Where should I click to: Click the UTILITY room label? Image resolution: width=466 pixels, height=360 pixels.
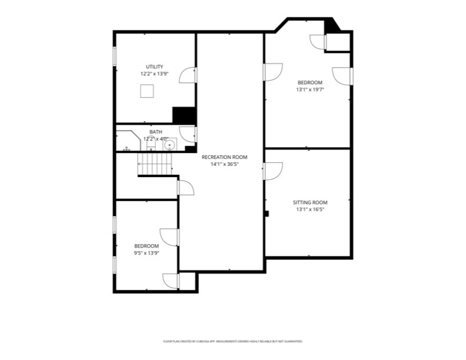coord(155,67)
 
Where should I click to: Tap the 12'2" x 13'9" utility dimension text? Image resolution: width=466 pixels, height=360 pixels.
coord(155,74)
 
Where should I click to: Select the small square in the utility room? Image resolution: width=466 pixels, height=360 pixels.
coord(147,91)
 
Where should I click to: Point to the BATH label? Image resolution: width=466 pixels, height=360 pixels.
coord(156,132)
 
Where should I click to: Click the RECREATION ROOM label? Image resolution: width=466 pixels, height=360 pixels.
coord(224,157)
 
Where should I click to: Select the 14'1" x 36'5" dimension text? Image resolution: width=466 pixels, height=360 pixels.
coord(224,165)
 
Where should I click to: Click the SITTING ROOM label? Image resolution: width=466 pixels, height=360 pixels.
coord(310,202)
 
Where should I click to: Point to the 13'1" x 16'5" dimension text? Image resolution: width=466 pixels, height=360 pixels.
coord(310,209)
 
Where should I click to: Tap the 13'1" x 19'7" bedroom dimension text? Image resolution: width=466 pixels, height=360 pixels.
coord(310,89)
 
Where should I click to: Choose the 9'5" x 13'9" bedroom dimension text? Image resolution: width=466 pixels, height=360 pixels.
coord(147,253)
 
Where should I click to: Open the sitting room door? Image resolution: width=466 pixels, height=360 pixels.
coord(273,171)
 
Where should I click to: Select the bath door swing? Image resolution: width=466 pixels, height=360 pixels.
coord(187,134)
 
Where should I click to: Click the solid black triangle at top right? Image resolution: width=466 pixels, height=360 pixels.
coord(331,25)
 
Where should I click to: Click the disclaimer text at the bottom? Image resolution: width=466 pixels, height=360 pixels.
coord(233,341)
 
